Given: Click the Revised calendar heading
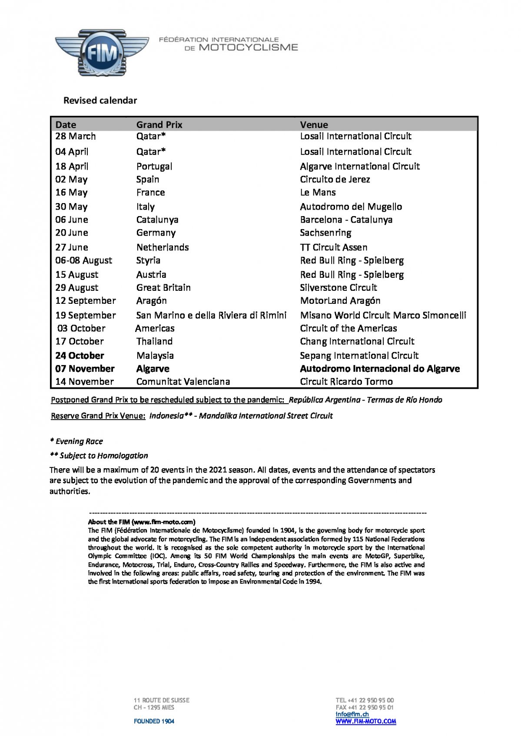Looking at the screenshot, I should [x=100, y=100].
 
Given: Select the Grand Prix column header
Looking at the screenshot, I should [x=159, y=125].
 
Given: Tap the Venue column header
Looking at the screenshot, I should [x=314, y=125].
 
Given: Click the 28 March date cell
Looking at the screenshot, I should [x=75, y=136].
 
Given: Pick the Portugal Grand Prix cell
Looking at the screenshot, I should [x=154, y=166].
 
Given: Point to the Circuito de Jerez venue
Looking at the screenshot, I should [x=335, y=179].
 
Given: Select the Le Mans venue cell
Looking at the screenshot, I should [x=318, y=192].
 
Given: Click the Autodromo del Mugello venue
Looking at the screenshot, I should [x=351, y=207].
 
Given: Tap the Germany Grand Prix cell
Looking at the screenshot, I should [x=156, y=233].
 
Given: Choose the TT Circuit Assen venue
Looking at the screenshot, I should [x=333, y=247].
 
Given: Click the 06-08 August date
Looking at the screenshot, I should [x=83, y=260].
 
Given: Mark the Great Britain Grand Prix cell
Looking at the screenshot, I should [x=163, y=287].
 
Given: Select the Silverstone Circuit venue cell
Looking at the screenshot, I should [x=338, y=287].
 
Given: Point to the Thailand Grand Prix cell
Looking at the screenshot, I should [x=154, y=341].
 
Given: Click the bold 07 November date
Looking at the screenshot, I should [x=85, y=368].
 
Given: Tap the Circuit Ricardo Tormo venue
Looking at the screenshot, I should [x=346, y=381].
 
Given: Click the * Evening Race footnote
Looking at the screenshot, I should [x=76, y=441].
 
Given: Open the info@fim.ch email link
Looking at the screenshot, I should [x=352, y=714].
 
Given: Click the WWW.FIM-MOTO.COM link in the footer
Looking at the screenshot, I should [x=365, y=721].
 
